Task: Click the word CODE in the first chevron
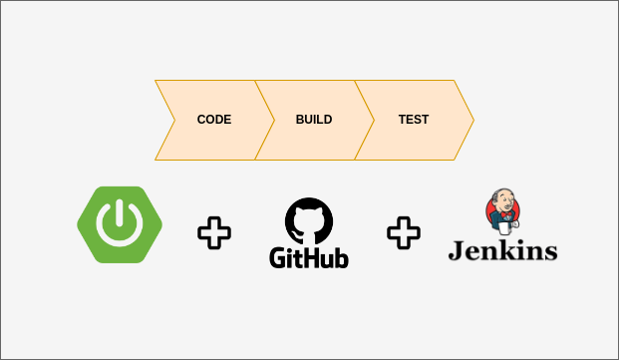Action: click(x=213, y=120)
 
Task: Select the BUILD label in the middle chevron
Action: click(x=314, y=120)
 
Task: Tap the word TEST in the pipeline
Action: click(x=414, y=120)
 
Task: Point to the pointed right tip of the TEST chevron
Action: click(x=471, y=120)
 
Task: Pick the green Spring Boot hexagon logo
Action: click(x=120, y=224)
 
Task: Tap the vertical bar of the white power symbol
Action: click(x=120, y=214)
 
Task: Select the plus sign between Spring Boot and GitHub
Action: click(x=213, y=233)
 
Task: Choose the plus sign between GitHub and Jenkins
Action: click(x=404, y=233)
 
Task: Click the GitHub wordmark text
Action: click(x=309, y=256)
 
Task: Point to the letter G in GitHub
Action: click(x=279, y=256)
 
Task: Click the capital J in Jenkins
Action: click(x=456, y=249)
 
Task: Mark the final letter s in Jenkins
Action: click(x=549, y=251)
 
